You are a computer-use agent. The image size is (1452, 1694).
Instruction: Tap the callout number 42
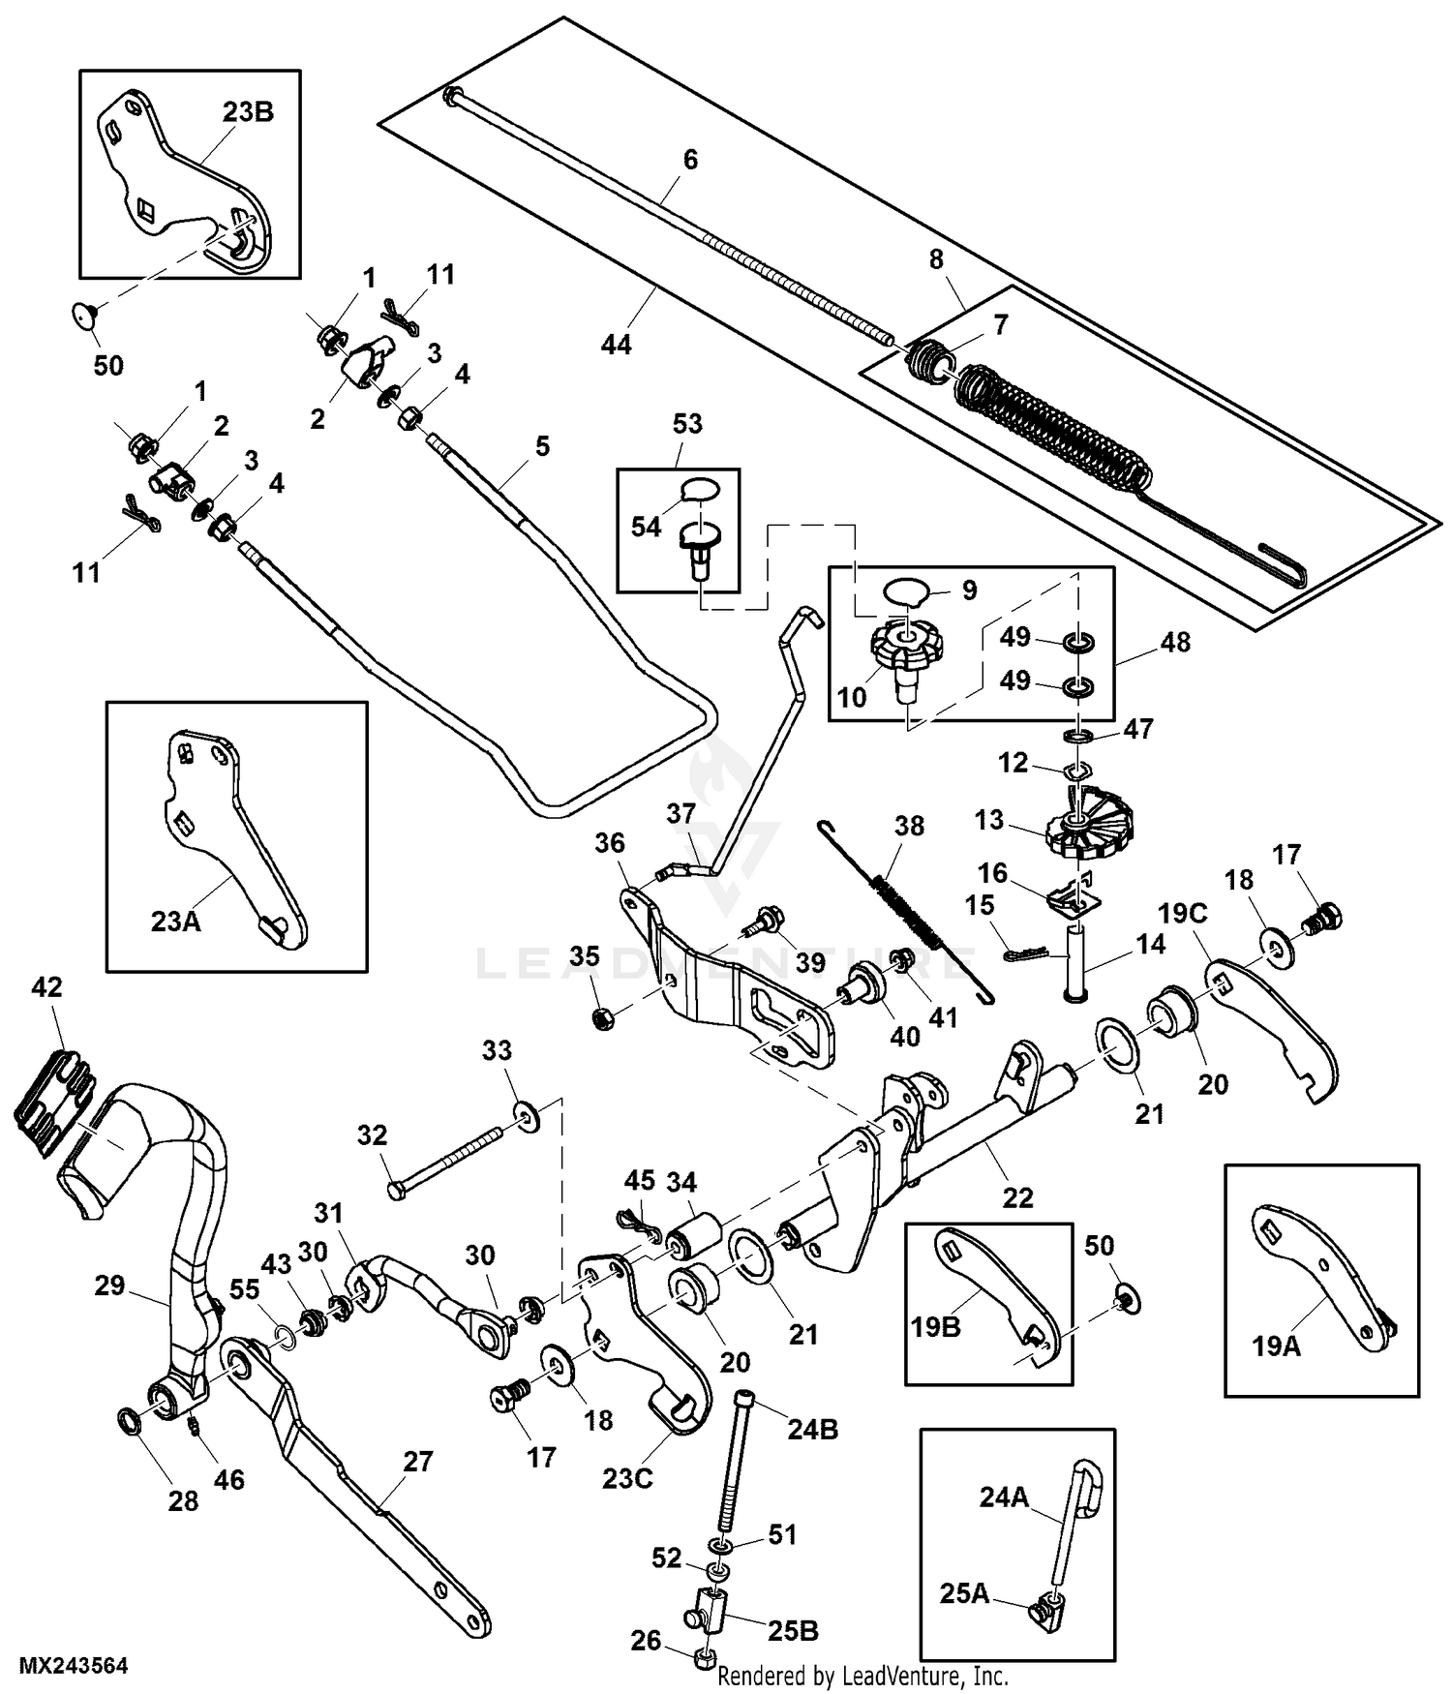(46, 987)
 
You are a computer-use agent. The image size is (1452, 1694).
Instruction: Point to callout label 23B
(248, 112)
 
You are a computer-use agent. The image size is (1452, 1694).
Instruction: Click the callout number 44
(616, 345)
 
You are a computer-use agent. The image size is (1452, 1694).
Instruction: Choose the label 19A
(1276, 1346)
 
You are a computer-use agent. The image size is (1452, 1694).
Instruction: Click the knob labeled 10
(906, 650)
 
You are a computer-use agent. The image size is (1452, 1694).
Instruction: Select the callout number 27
(417, 1461)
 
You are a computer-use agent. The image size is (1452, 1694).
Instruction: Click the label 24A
(1004, 1497)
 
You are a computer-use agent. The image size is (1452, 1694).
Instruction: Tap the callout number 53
(687, 424)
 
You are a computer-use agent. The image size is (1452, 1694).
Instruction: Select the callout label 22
(1017, 1197)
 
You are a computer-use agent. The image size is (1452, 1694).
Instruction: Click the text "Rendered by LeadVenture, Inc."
(863, 1676)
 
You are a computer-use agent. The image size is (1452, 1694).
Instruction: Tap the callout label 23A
(175, 920)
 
